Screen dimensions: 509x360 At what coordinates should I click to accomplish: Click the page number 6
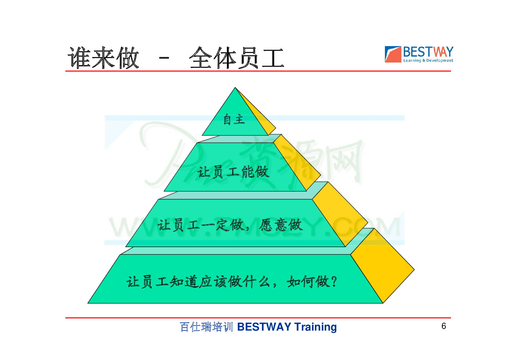point(444,326)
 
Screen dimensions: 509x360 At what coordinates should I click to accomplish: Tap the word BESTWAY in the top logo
point(428,52)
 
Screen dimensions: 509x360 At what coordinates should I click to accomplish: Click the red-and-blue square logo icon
point(393,54)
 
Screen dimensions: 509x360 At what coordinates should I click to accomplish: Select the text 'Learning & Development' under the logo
point(428,61)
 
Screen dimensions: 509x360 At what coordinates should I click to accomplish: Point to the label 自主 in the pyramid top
point(234,119)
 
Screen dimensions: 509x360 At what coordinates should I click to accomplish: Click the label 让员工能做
point(233,172)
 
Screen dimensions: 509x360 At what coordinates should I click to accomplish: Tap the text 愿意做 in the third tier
point(281,225)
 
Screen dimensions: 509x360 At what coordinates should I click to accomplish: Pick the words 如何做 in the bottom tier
point(308,282)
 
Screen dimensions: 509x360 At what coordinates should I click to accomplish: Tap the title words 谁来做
point(103,58)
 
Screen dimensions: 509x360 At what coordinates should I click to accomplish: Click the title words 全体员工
point(237,58)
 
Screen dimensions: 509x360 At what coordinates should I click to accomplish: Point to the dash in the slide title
point(164,58)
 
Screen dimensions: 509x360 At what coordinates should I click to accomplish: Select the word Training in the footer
point(315,327)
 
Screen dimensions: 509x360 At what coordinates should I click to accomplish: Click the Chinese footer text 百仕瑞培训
point(206,327)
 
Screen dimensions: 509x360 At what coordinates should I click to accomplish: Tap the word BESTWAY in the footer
point(264,327)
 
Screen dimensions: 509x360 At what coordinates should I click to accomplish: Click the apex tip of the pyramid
point(235,87)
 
